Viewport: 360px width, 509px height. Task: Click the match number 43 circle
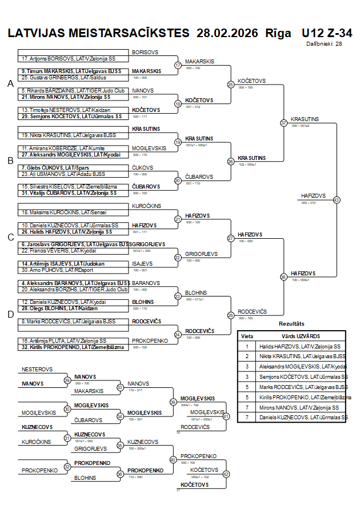coord(336,200)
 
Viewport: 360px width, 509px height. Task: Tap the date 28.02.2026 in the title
coord(226,33)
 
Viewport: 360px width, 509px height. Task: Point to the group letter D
coord(10,314)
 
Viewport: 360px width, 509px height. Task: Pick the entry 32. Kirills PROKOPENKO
coord(73,347)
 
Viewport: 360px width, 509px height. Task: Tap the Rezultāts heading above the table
coord(291,324)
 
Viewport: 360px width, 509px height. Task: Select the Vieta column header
coord(247,336)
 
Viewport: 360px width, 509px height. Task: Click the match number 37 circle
coord(283,123)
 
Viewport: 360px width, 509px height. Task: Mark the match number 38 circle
coord(283,277)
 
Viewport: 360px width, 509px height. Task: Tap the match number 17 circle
coord(178,65)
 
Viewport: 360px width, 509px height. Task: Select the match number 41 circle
coord(226,416)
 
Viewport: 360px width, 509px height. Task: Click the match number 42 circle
coord(226,474)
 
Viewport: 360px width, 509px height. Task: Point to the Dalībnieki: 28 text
coord(324,43)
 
